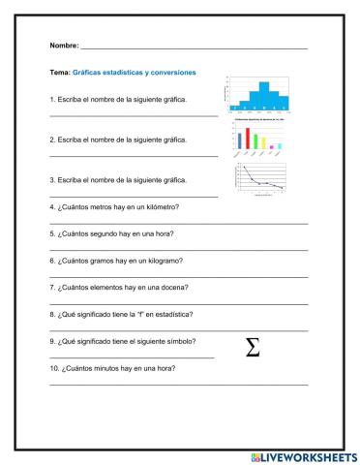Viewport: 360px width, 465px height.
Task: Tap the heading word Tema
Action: [x=59, y=72]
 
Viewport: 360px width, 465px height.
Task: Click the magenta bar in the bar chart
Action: [x=271, y=147]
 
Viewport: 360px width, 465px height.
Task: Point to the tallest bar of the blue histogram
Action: [x=263, y=94]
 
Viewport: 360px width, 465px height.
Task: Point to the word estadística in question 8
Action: [x=171, y=314]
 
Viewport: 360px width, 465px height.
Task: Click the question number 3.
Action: [x=50, y=180]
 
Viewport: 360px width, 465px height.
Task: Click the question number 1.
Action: [x=50, y=100]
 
